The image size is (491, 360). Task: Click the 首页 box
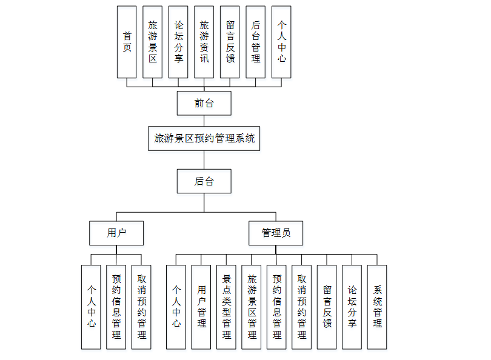coord(127,42)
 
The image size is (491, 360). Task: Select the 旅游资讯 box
coord(204,42)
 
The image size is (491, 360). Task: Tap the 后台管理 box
coord(256,42)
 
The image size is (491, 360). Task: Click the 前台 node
coord(204,103)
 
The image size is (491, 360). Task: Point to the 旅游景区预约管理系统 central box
coord(204,138)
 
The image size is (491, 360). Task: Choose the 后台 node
coord(204,181)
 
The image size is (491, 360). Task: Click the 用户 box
coord(116,233)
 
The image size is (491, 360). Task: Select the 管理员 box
coord(276,233)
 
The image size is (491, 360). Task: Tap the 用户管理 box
coord(201,307)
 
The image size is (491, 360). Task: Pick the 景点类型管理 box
coord(226,307)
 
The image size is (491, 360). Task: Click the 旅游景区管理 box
coord(252,307)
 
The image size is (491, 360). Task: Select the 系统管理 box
coord(377,307)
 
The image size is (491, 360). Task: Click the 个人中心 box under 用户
coord(91,307)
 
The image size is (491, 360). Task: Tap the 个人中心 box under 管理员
coord(176,307)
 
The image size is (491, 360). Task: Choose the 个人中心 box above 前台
coord(281,42)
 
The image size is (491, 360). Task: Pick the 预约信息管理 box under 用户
coord(116,307)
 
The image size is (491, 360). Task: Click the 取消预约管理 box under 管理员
coord(302,307)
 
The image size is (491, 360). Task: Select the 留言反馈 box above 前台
coord(230,42)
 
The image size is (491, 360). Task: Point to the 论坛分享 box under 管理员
coord(352,307)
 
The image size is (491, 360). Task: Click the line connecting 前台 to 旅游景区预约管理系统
coord(204,121)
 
